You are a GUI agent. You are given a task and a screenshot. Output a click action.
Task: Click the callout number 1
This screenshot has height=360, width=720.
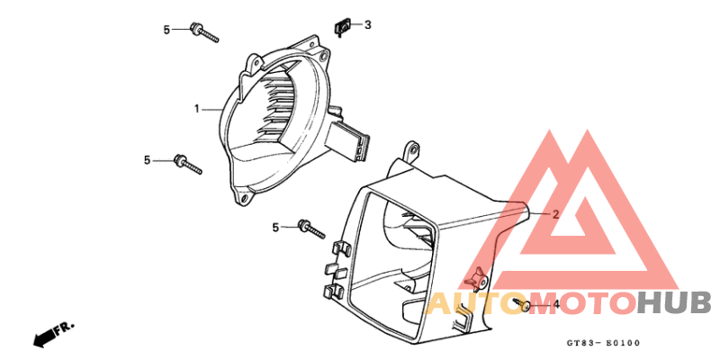point(196,109)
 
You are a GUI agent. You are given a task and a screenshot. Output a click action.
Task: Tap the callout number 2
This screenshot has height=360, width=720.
point(555,214)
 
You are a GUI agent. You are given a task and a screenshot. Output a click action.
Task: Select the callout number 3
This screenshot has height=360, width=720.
point(367,25)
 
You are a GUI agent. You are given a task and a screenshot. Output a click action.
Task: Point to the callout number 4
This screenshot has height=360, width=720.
point(556,304)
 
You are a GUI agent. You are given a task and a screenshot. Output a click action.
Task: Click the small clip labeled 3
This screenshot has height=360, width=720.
point(342,28)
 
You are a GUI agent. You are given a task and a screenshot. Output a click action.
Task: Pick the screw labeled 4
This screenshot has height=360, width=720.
point(523,304)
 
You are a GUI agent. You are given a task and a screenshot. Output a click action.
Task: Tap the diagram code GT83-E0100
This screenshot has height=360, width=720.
point(603,343)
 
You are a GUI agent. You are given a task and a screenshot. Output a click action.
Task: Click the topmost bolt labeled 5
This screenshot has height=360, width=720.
point(204,33)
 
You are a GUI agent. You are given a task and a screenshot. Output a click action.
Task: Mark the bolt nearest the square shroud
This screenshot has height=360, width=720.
point(311,229)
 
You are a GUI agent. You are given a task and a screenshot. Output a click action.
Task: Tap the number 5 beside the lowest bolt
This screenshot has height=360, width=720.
point(275,228)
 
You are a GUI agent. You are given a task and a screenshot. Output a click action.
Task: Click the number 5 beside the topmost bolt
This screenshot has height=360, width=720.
point(166,30)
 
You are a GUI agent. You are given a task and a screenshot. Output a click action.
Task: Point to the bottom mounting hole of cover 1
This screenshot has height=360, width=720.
point(244,198)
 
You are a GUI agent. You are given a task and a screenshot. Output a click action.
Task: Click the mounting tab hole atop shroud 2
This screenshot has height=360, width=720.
point(412,149)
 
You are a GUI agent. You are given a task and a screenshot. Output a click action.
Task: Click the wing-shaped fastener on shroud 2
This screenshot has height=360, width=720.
point(475,278)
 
